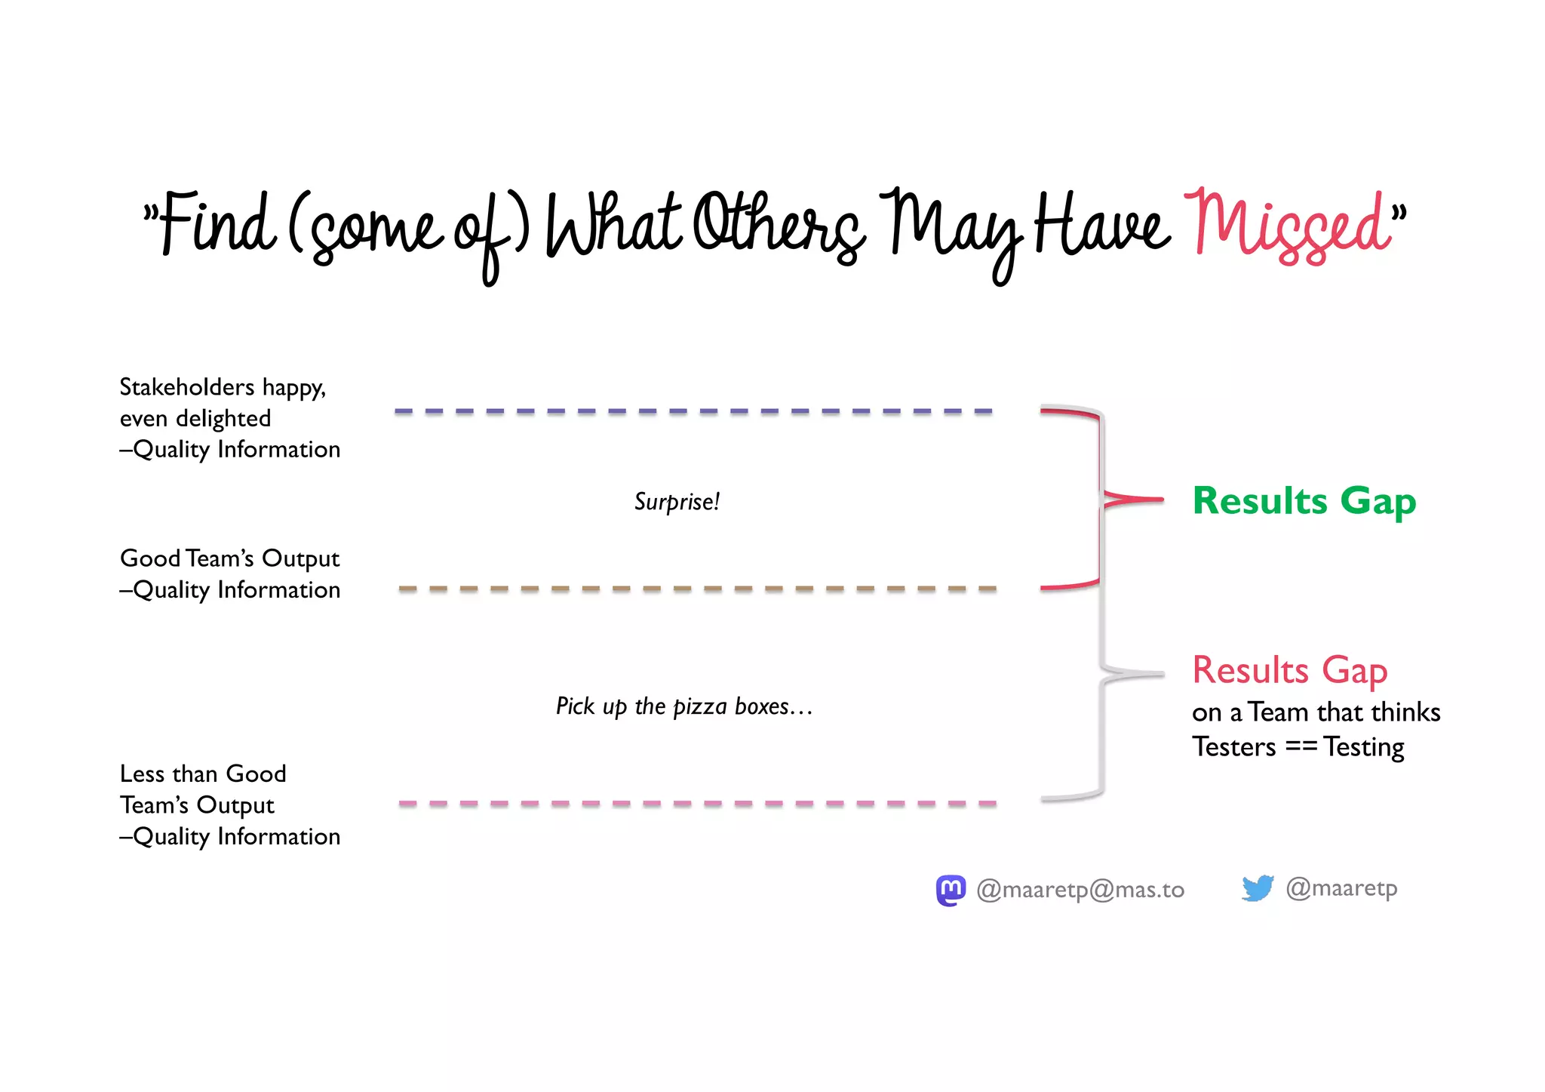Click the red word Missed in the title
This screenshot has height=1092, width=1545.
tap(1289, 226)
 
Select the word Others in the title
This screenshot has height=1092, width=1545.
tap(777, 224)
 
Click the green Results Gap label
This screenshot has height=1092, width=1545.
tap(1304, 500)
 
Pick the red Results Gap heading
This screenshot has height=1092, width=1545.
tap(1289, 670)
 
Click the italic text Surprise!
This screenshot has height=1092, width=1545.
tap(677, 502)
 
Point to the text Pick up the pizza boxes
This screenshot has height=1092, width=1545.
tap(683, 706)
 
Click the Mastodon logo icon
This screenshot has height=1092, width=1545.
tap(951, 890)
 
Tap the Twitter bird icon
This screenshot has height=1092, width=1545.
tap(1258, 888)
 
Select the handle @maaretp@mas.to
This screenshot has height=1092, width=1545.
tap(1080, 891)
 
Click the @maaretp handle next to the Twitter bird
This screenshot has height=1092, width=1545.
tap(1341, 888)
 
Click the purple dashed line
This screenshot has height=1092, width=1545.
tap(694, 411)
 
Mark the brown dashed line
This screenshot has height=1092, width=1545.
tap(698, 589)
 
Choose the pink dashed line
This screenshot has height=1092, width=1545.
tap(698, 804)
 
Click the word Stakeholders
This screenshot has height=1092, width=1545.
tap(187, 387)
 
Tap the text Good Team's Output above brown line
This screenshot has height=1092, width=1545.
tap(229, 558)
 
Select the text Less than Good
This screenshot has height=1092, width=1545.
tap(203, 774)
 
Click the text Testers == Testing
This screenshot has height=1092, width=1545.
tap(1298, 747)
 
